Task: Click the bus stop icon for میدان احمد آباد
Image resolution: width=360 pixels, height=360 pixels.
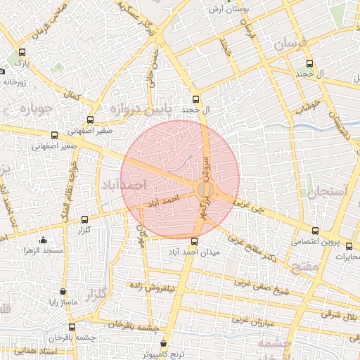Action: pos(195,241)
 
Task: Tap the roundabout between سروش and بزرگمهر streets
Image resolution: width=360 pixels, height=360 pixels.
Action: pos(205,190)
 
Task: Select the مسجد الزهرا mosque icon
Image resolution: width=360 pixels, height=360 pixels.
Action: pos(43,240)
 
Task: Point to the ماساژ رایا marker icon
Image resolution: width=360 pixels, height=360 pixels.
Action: pos(63,291)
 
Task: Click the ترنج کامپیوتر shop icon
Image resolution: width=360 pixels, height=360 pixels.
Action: pos(164,345)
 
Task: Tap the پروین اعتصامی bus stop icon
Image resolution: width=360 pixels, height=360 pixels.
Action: pos(314,231)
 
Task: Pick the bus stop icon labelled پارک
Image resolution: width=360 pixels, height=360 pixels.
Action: pos(22,52)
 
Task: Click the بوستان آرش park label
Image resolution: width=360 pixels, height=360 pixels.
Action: pos(229,10)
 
